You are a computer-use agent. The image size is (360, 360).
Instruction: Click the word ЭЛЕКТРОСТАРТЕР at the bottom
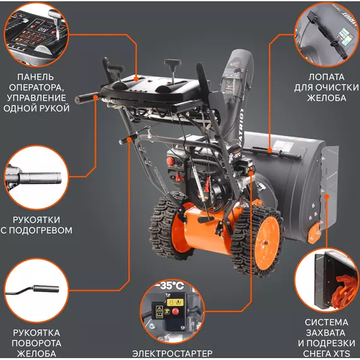172,353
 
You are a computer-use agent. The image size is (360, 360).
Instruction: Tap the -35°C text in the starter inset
170,285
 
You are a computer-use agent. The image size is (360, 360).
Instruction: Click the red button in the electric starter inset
176,311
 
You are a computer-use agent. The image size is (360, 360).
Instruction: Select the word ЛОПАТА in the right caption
327,77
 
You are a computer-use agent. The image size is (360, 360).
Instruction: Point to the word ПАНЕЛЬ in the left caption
35,77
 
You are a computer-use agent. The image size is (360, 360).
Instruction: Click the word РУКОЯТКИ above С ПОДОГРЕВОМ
36,220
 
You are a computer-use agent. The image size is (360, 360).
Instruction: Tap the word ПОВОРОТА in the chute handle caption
36,343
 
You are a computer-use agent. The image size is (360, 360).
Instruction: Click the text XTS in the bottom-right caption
341,353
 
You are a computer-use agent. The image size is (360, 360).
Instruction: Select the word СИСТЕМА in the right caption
327,322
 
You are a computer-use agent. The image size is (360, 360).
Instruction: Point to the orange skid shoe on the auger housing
314,232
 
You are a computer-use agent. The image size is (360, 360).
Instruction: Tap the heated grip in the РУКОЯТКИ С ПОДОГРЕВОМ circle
40,178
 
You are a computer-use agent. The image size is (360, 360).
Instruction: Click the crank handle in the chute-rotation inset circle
32,290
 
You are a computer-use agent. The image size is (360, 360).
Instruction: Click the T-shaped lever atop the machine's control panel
172,68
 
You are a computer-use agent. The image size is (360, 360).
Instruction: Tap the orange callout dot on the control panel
136,79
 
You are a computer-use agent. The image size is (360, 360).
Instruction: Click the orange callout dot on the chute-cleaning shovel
270,151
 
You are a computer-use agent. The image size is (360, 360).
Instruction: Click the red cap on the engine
171,161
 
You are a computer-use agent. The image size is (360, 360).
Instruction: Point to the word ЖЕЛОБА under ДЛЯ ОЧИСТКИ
327,98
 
